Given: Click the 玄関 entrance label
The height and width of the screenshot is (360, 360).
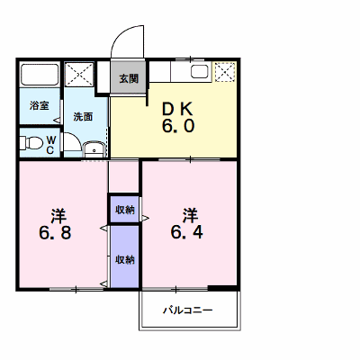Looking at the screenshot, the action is tap(129, 78).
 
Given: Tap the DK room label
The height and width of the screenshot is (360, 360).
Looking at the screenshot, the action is tap(177, 110).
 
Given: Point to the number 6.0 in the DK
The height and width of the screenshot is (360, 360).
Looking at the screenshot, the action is tap(178, 126).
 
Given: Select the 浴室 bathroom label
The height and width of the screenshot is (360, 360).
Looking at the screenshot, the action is tap(40, 105).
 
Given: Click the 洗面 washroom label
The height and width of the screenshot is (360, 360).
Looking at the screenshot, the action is tap(83, 117).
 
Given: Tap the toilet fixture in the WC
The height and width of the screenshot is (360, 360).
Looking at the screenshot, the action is tap(31, 142).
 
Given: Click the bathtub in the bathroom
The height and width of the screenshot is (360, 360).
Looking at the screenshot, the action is tap(40, 75).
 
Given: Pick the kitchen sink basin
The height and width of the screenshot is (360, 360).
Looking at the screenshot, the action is tap(200, 72).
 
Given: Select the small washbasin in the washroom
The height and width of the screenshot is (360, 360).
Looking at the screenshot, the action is tap(94, 149).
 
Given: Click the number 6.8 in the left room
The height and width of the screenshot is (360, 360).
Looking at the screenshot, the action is tap(55, 232).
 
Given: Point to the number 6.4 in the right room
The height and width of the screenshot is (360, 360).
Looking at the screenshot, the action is tap(187, 232).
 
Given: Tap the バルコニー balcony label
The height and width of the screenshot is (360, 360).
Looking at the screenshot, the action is tap(188, 310).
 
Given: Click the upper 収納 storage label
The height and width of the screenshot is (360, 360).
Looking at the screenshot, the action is tap(125, 210).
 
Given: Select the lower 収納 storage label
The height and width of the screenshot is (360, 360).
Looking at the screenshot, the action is tap(125, 260).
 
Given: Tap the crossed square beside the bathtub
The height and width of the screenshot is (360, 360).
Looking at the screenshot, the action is tap(79, 75).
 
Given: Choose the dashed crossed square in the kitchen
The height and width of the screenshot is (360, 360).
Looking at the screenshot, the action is tap(225, 72).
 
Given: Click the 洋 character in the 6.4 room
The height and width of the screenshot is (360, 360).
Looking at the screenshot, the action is tap(190, 215).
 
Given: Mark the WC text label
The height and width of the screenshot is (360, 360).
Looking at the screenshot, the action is tap(50, 145).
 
